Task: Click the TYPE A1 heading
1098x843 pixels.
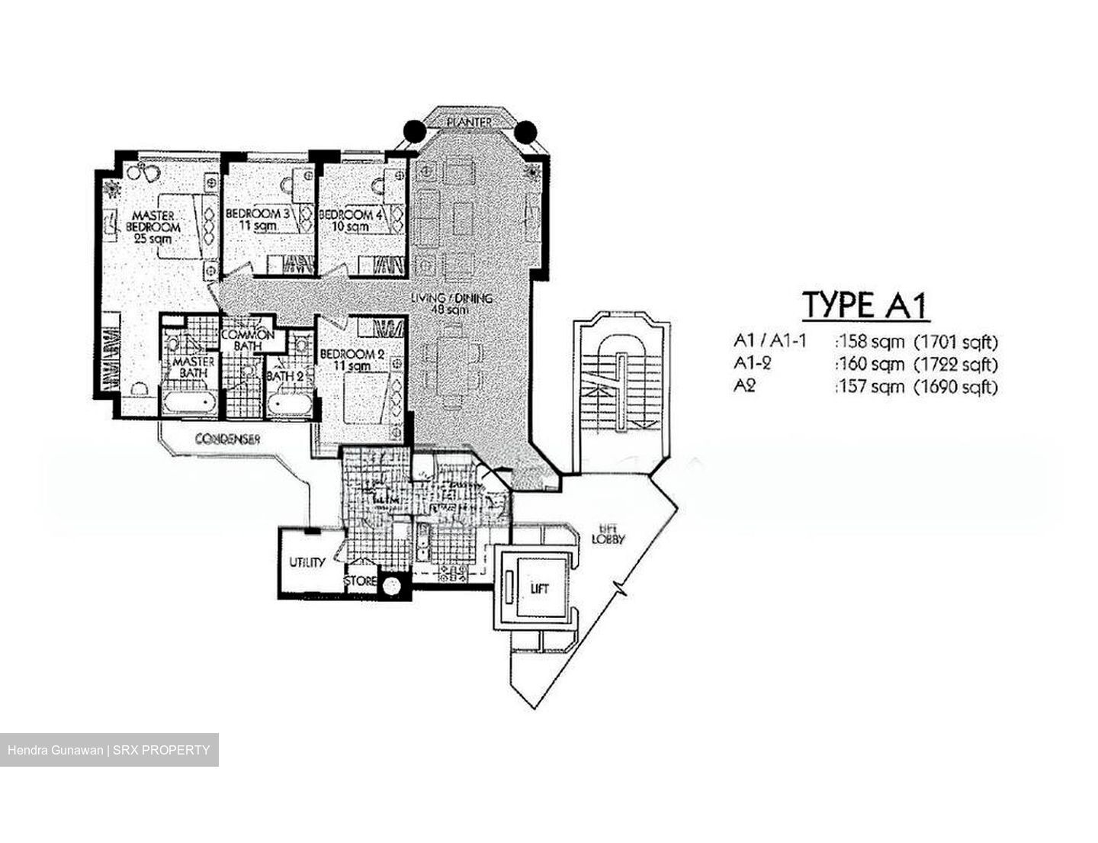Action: tap(865, 305)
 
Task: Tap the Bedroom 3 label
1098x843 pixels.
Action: tap(257, 220)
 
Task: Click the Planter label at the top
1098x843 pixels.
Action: tap(468, 122)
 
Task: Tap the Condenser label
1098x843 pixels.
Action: tap(228, 439)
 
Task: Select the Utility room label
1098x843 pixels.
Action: tap(307, 562)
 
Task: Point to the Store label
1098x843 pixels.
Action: tap(360, 581)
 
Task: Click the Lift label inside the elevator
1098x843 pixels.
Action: tap(539, 588)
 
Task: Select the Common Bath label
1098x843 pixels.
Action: tap(248, 340)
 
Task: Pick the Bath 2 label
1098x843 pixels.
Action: tap(285, 375)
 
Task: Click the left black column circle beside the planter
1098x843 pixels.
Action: tap(413, 132)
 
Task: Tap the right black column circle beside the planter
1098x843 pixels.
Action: tap(525, 132)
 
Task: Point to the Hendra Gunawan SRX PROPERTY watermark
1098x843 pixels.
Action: tap(109, 750)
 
